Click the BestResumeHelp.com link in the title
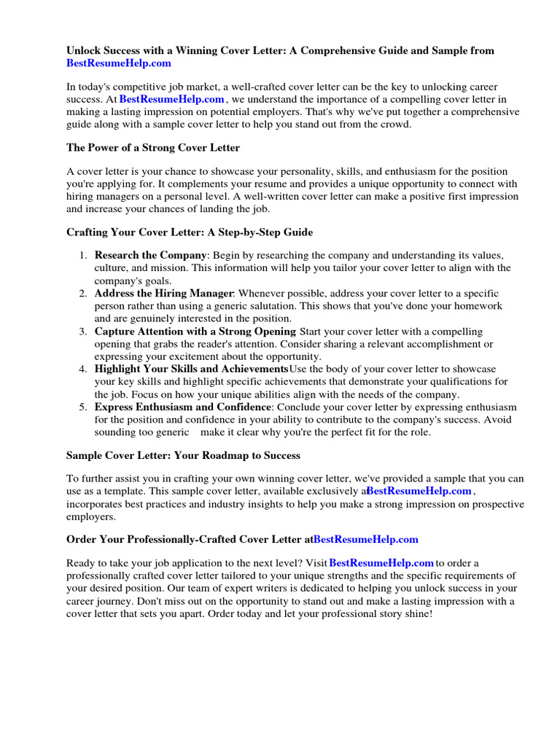[x=119, y=63]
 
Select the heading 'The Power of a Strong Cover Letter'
[x=152, y=148]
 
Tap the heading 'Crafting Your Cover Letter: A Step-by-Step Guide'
[x=189, y=232]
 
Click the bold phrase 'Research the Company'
[x=151, y=255]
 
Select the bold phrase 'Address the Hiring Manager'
[x=164, y=294]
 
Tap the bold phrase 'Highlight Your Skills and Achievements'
[x=192, y=369]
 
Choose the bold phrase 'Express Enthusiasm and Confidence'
[x=182, y=407]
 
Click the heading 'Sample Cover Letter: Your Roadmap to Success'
[x=183, y=455]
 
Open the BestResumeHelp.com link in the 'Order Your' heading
[x=366, y=539]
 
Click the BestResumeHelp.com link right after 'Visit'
[x=381, y=563]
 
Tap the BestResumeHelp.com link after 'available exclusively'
[x=419, y=491]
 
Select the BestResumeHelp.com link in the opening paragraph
[x=172, y=99]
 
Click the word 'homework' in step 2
[x=480, y=306]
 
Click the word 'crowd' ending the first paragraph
[x=395, y=124]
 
